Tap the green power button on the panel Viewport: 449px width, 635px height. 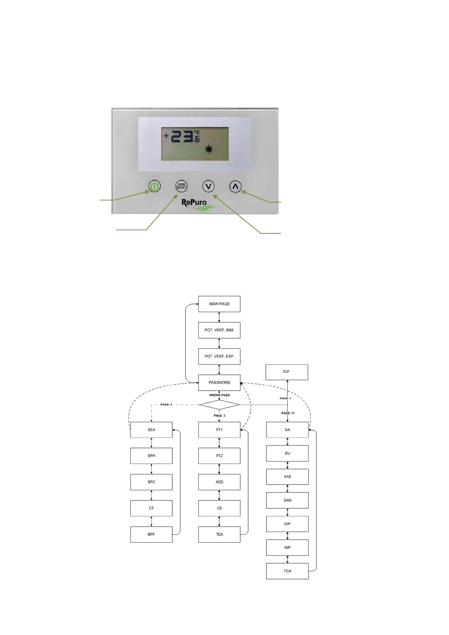[154, 186]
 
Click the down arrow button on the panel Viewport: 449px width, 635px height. [208, 186]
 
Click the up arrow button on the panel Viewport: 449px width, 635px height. [235, 186]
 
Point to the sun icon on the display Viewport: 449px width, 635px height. [208, 149]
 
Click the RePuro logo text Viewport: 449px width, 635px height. [194, 202]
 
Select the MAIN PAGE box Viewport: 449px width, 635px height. [219, 304]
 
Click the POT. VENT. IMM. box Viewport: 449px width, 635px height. [219, 330]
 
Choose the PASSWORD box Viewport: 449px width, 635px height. [219, 382]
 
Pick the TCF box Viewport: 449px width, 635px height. [287, 372]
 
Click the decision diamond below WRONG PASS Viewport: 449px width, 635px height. [219, 405]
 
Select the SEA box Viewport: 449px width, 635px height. [151, 430]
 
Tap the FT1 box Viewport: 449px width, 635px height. [219, 430]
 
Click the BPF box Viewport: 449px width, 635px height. [151, 534]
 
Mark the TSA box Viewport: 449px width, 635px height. [219, 534]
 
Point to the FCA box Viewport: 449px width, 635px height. [287, 571]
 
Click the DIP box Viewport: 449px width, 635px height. [287, 524]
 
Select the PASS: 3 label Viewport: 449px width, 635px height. [219, 416]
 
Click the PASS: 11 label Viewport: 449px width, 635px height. [288, 413]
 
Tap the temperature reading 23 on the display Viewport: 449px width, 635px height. [182, 136]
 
